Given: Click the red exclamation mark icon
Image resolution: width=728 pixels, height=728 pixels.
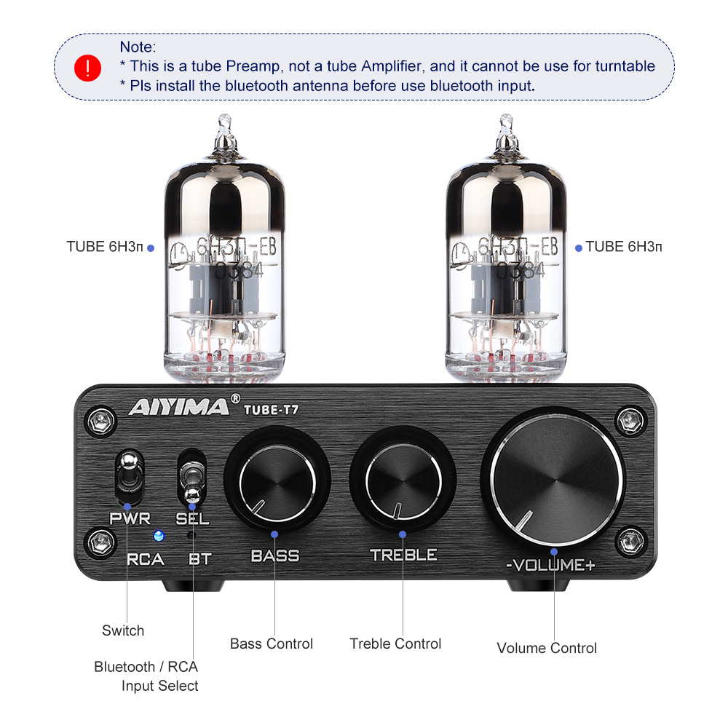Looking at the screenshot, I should pyautogui.click(x=88, y=67).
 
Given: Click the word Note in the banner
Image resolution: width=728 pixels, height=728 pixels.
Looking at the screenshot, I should pyautogui.click(x=138, y=47).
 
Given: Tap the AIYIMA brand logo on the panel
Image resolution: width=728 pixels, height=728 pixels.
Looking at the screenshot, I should pyautogui.click(x=178, y=405).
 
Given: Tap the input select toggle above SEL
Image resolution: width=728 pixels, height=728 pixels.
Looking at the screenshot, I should pyautogui.click(x=191, y=477).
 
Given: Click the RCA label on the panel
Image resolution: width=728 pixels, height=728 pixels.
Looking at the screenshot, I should pyautogui.click(x=145, y=560).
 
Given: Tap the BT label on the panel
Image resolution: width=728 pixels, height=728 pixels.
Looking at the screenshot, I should pyautogui.click(x=199, y=560).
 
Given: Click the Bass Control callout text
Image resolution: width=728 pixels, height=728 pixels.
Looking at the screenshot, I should pyautogui.click(x=272, y=644).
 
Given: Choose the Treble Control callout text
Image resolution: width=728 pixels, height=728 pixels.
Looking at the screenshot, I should pyautogui.click(x=395, y=644).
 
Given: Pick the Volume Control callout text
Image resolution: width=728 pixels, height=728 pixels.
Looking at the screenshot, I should pyautogui.click(x=547, y=648).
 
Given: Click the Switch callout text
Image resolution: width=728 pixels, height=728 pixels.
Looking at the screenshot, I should pyautogui.click(x=123, y=630).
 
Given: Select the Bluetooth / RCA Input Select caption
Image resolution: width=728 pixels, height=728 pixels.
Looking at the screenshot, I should pyautogui.click(x=146, y=676).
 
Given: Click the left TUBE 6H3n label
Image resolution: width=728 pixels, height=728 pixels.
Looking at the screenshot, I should pyautogui.click(x=106, y=247).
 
